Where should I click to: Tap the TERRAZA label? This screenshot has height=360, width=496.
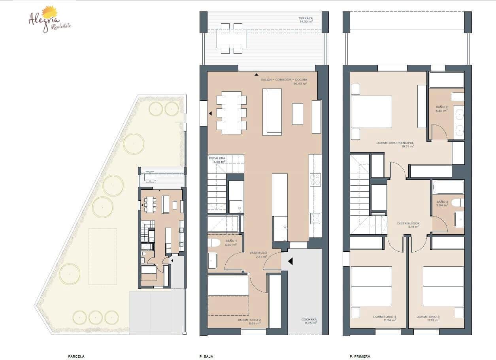pos(306,19)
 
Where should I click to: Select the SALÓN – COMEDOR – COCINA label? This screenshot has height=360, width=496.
pos(283,80)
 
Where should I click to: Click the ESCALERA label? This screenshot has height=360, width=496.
pos(217,158)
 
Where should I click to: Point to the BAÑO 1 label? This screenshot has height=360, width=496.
pos(231,241)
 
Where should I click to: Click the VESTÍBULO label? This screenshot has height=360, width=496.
pos(258,253)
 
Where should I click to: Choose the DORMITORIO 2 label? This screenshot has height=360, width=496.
pos(249,320)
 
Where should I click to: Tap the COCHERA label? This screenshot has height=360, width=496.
pos(309,320)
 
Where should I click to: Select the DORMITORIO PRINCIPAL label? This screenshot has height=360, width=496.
pos(400,143)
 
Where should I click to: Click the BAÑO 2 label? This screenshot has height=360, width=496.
pos(441,107)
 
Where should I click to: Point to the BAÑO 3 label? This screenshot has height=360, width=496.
pos(442,202)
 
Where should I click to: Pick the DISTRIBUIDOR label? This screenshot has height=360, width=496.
pos(408,224)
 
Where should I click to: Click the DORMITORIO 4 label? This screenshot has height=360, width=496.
pos(385,317)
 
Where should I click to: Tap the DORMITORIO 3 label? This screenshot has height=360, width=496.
pos(428,317)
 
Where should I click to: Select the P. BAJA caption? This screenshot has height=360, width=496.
pos(206,356)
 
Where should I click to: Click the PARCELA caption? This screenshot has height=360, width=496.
pos(76,356)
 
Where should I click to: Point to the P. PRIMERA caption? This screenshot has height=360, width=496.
pos(360,356)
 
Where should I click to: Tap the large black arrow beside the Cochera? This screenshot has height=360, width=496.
pos(290,261)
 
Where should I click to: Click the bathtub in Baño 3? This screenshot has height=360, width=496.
pos(448,187)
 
